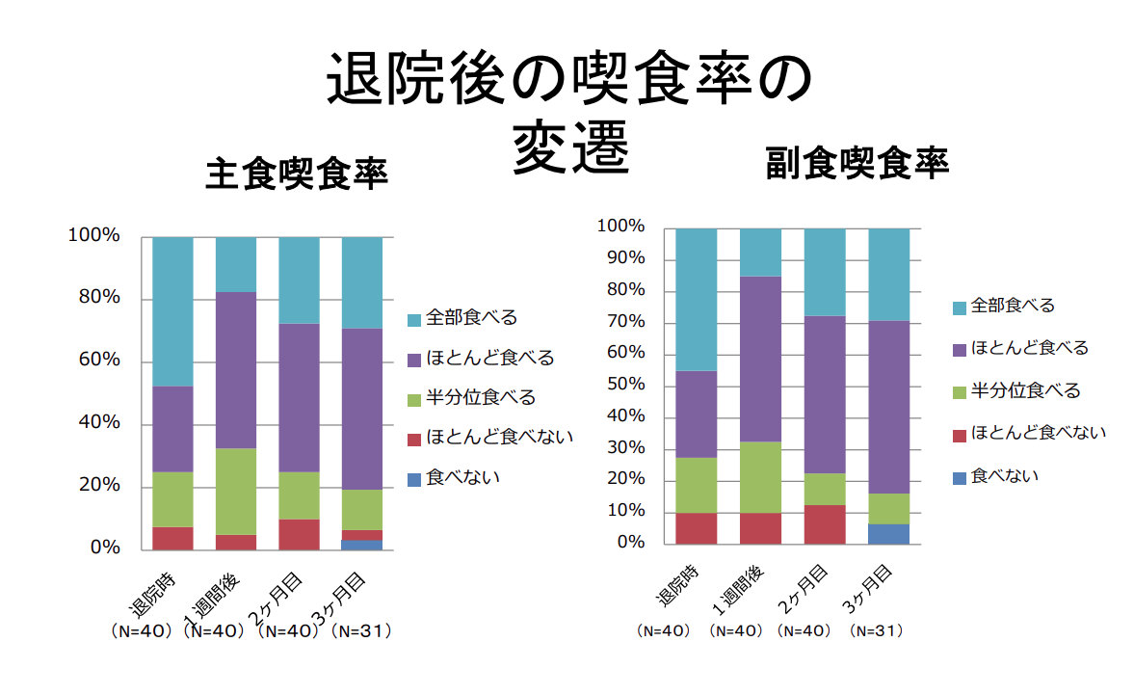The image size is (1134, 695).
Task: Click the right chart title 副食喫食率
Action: (x=857, y=163)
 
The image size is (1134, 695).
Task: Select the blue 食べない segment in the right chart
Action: (x=888, y=534)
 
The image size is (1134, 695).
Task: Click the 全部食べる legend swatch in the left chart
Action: (x=414, y=318)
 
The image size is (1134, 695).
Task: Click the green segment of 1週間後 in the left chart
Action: (x=236, y=492)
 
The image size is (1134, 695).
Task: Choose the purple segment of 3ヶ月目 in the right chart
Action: (x=888, y=407)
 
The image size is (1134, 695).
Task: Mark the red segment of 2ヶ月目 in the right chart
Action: (x=825, y=524)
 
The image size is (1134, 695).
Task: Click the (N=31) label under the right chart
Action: (x=876, y=630)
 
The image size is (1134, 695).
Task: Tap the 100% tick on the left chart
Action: (x=93, y=236)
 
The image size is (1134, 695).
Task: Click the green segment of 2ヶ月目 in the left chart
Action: (x=300, y=495)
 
